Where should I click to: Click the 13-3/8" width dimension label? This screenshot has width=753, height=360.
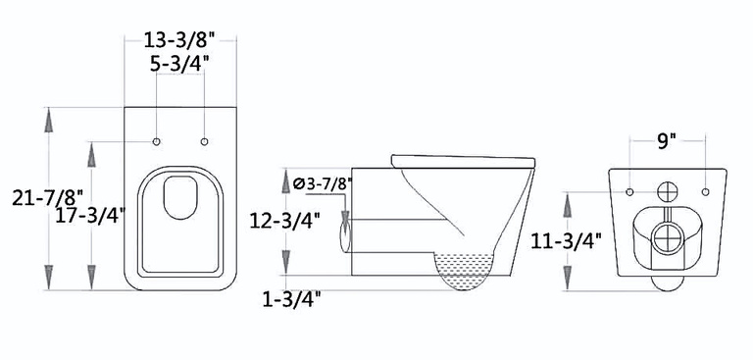[x=178, y=40]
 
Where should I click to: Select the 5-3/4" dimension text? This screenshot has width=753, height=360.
[x=179, y=64]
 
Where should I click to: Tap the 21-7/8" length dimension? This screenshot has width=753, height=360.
[x=47, y=197]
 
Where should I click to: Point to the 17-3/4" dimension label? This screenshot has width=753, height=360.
[x=90, y=216]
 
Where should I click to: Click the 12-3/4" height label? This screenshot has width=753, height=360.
[x=284, y=221]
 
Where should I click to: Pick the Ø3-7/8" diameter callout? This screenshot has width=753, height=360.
[x=323, y=184]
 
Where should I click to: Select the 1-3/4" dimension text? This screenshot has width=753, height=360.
[x=291, y=300]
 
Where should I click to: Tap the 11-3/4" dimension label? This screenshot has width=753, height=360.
[x=566, y=241]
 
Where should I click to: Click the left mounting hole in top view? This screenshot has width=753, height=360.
[x=156, y=142]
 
